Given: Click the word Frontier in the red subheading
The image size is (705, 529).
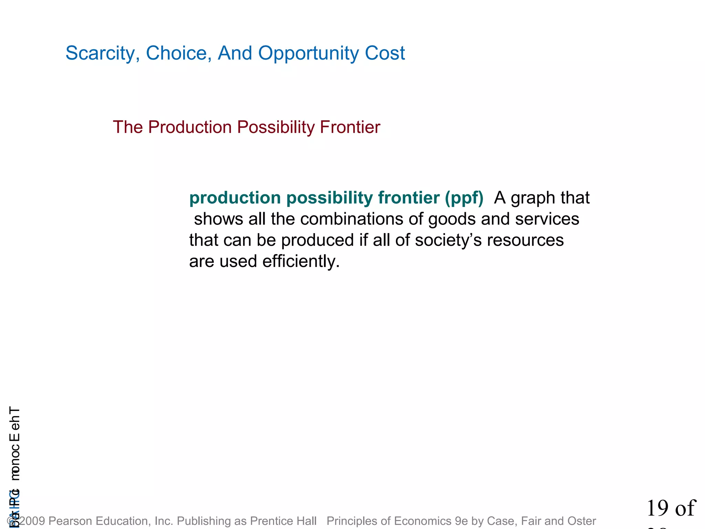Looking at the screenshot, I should point(350,127).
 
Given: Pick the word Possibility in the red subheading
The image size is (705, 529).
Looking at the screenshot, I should point(275,127).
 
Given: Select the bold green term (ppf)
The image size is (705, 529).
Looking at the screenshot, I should point(464,198).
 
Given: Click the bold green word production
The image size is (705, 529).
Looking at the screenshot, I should point(235,198).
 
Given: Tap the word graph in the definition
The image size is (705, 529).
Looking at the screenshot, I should point(533,198).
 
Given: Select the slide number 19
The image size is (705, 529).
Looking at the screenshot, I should point(658,508).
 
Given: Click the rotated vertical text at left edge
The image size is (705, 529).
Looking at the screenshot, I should point(14,444).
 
